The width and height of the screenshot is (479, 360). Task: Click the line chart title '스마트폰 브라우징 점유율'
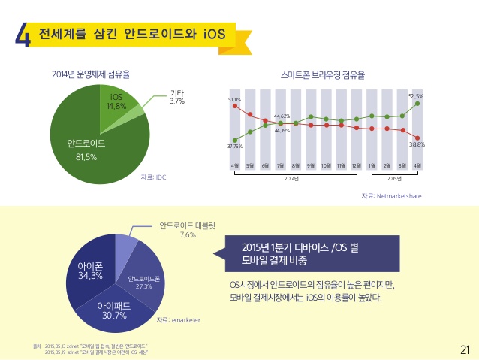pyautogui.click(x=323, y=76)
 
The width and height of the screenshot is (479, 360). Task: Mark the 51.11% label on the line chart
pyautogui.click(x=233, y=99)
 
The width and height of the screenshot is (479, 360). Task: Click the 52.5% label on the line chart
pyautogui.click(x=416, y=96)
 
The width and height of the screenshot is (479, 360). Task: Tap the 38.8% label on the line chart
pyautogui.click(x=417, y=144)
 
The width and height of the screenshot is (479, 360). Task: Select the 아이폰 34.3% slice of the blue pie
pyautogui.click(x=90, y=271)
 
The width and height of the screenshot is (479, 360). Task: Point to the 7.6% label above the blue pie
pyautogui.click(x=188, y=234)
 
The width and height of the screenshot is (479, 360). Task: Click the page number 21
pyautogui.click(x=464, y=349)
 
